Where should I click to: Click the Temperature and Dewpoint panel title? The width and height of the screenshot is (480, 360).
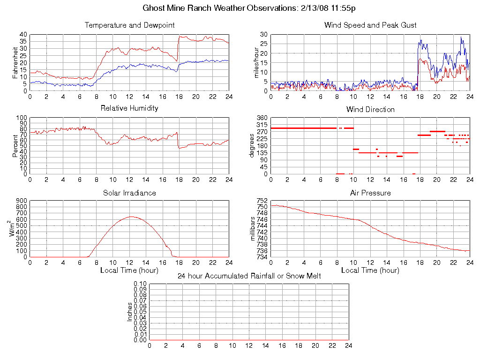tap(129, 25)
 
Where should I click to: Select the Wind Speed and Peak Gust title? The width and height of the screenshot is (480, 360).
tap(370, 25)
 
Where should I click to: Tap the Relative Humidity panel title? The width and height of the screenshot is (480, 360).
tap(129, 108)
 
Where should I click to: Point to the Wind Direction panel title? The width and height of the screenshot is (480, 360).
tap(370, 109)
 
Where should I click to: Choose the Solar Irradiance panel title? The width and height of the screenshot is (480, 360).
tap(129, 193)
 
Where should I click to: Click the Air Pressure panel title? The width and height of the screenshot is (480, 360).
tap(370, 193)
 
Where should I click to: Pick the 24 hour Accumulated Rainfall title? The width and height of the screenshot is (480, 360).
tap(249, 276)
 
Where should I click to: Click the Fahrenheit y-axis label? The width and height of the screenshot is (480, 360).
tap(15, 62)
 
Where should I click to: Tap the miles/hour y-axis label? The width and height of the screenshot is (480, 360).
tap(256, 62)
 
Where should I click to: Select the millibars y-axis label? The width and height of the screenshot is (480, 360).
tap(254, 229)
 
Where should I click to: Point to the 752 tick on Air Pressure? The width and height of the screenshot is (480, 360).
tap(262, 201)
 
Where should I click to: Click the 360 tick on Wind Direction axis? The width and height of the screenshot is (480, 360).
tap(262, 117)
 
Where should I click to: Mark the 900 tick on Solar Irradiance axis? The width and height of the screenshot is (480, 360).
tap(22, 201)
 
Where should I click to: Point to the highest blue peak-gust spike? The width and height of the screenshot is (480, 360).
tap(461, 37)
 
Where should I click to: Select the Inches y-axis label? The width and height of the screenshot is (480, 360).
tap(129, 312)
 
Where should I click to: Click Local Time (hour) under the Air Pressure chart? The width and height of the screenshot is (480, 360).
tap(370, 270)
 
